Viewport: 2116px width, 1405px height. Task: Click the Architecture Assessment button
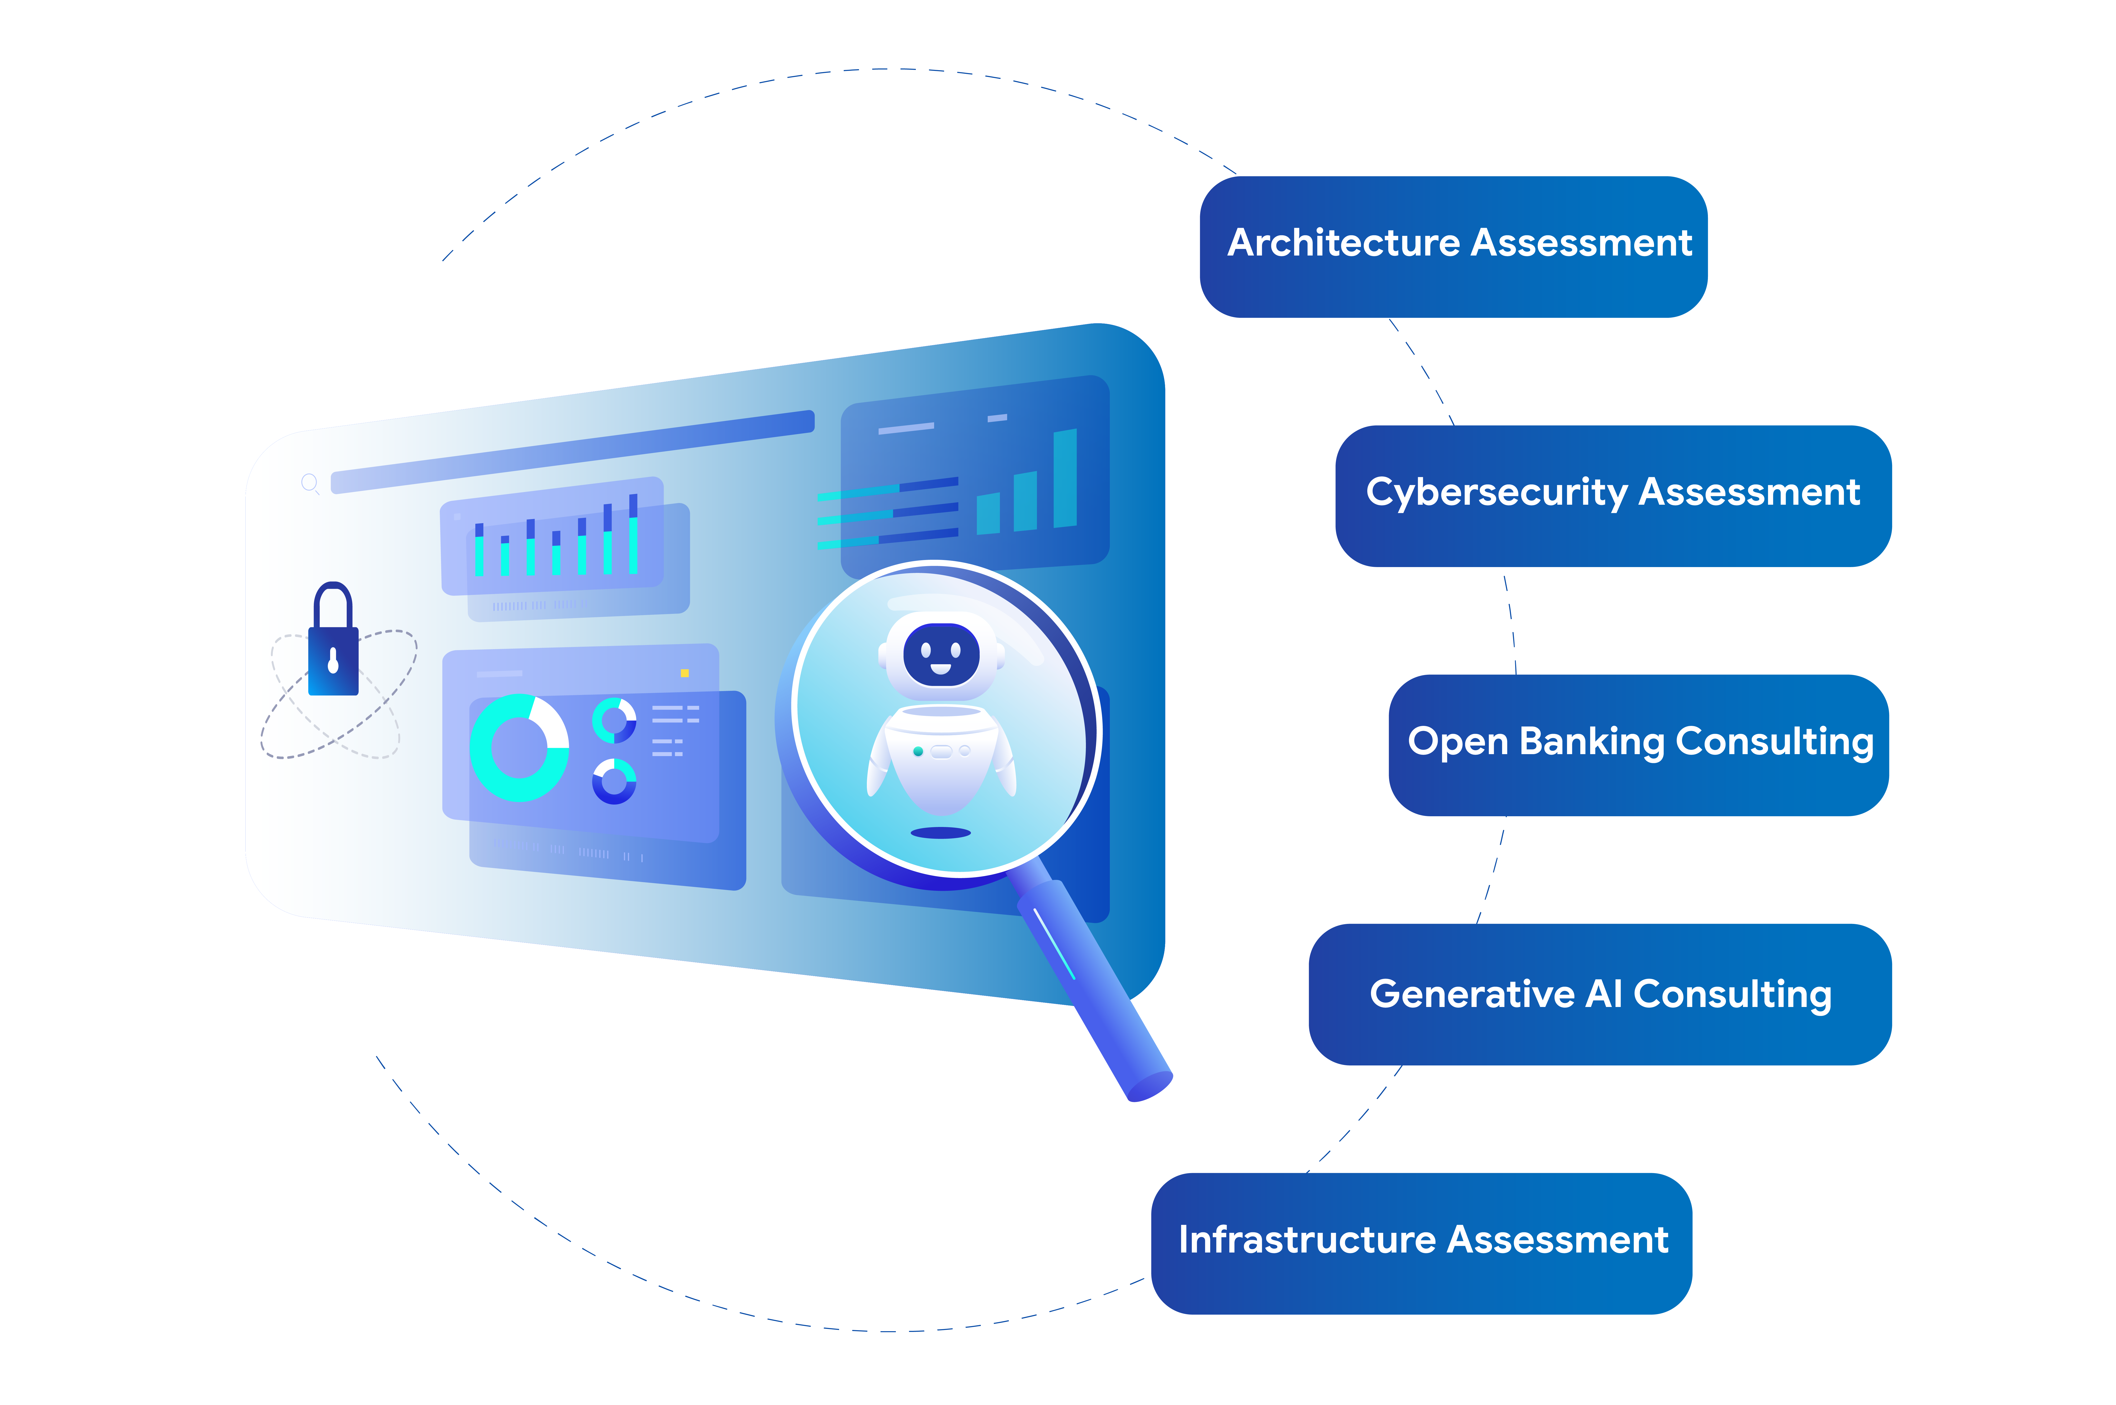coord(1453,247)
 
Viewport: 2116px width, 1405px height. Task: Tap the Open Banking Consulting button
coord(1638,745)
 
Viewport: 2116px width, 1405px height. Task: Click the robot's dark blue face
coord(940,654)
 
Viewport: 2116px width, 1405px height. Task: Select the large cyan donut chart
coord(519,747)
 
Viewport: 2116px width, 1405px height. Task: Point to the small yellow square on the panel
coord(685,673)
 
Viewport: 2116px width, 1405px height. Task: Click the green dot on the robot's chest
coord(918,752)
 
